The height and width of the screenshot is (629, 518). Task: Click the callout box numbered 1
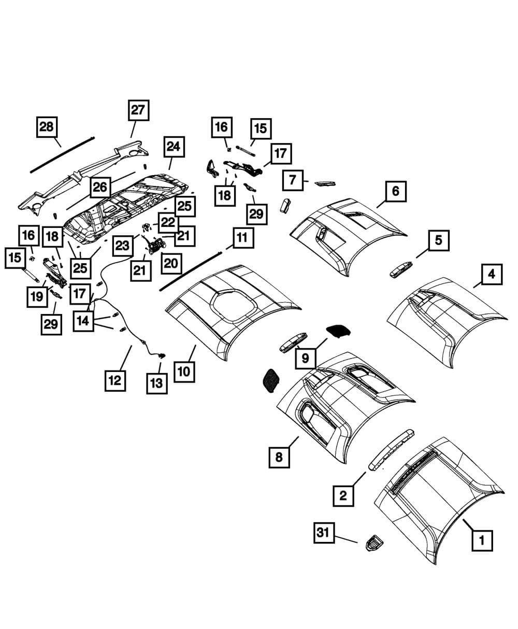(481, 541)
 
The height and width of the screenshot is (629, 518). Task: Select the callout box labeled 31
(323, 533)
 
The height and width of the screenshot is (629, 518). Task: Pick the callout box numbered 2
(343, 496)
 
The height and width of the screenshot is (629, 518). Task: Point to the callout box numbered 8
(279, 458)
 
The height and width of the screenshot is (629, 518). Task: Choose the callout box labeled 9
(305, 358)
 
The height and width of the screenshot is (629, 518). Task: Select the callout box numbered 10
(184, 371)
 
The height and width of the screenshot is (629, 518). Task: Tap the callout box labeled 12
(114, 381)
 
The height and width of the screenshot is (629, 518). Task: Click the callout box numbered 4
(491, 274)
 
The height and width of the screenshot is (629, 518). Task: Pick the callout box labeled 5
(438, 240)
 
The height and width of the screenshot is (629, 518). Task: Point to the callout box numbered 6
(396, 191)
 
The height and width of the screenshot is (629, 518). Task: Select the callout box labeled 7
(293, 180)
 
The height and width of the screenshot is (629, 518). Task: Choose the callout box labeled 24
(173, 147)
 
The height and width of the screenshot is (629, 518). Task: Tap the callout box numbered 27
(138, 111)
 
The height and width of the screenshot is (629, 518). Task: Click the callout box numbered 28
(47, 127)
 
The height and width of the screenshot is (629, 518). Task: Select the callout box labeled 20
(170, 263)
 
